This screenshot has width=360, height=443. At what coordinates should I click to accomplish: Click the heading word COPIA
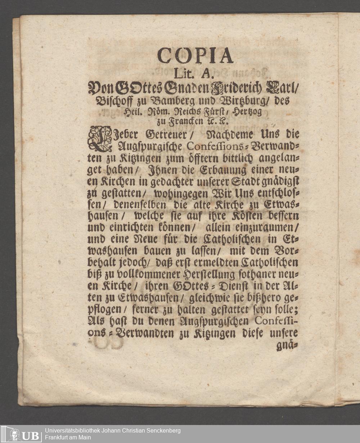(195, 55)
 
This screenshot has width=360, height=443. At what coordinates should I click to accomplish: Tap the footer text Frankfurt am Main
(68, 438)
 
